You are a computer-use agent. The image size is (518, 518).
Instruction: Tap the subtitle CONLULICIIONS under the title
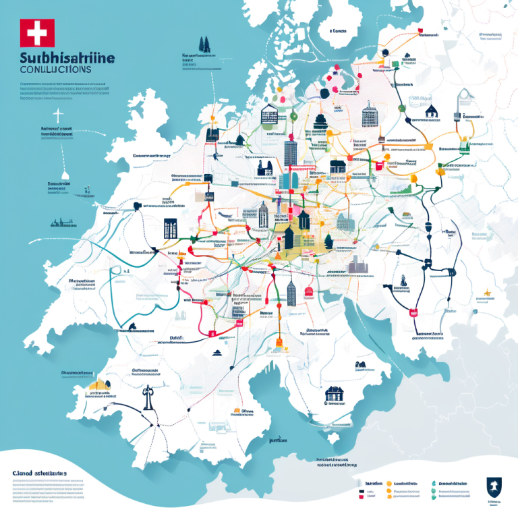55,69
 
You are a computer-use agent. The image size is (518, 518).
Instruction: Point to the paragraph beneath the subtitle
64,91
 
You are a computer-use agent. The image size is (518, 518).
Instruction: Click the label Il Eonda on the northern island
339,31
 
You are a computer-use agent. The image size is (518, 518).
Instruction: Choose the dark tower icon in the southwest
145,397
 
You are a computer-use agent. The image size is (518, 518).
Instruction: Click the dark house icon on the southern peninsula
334,393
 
